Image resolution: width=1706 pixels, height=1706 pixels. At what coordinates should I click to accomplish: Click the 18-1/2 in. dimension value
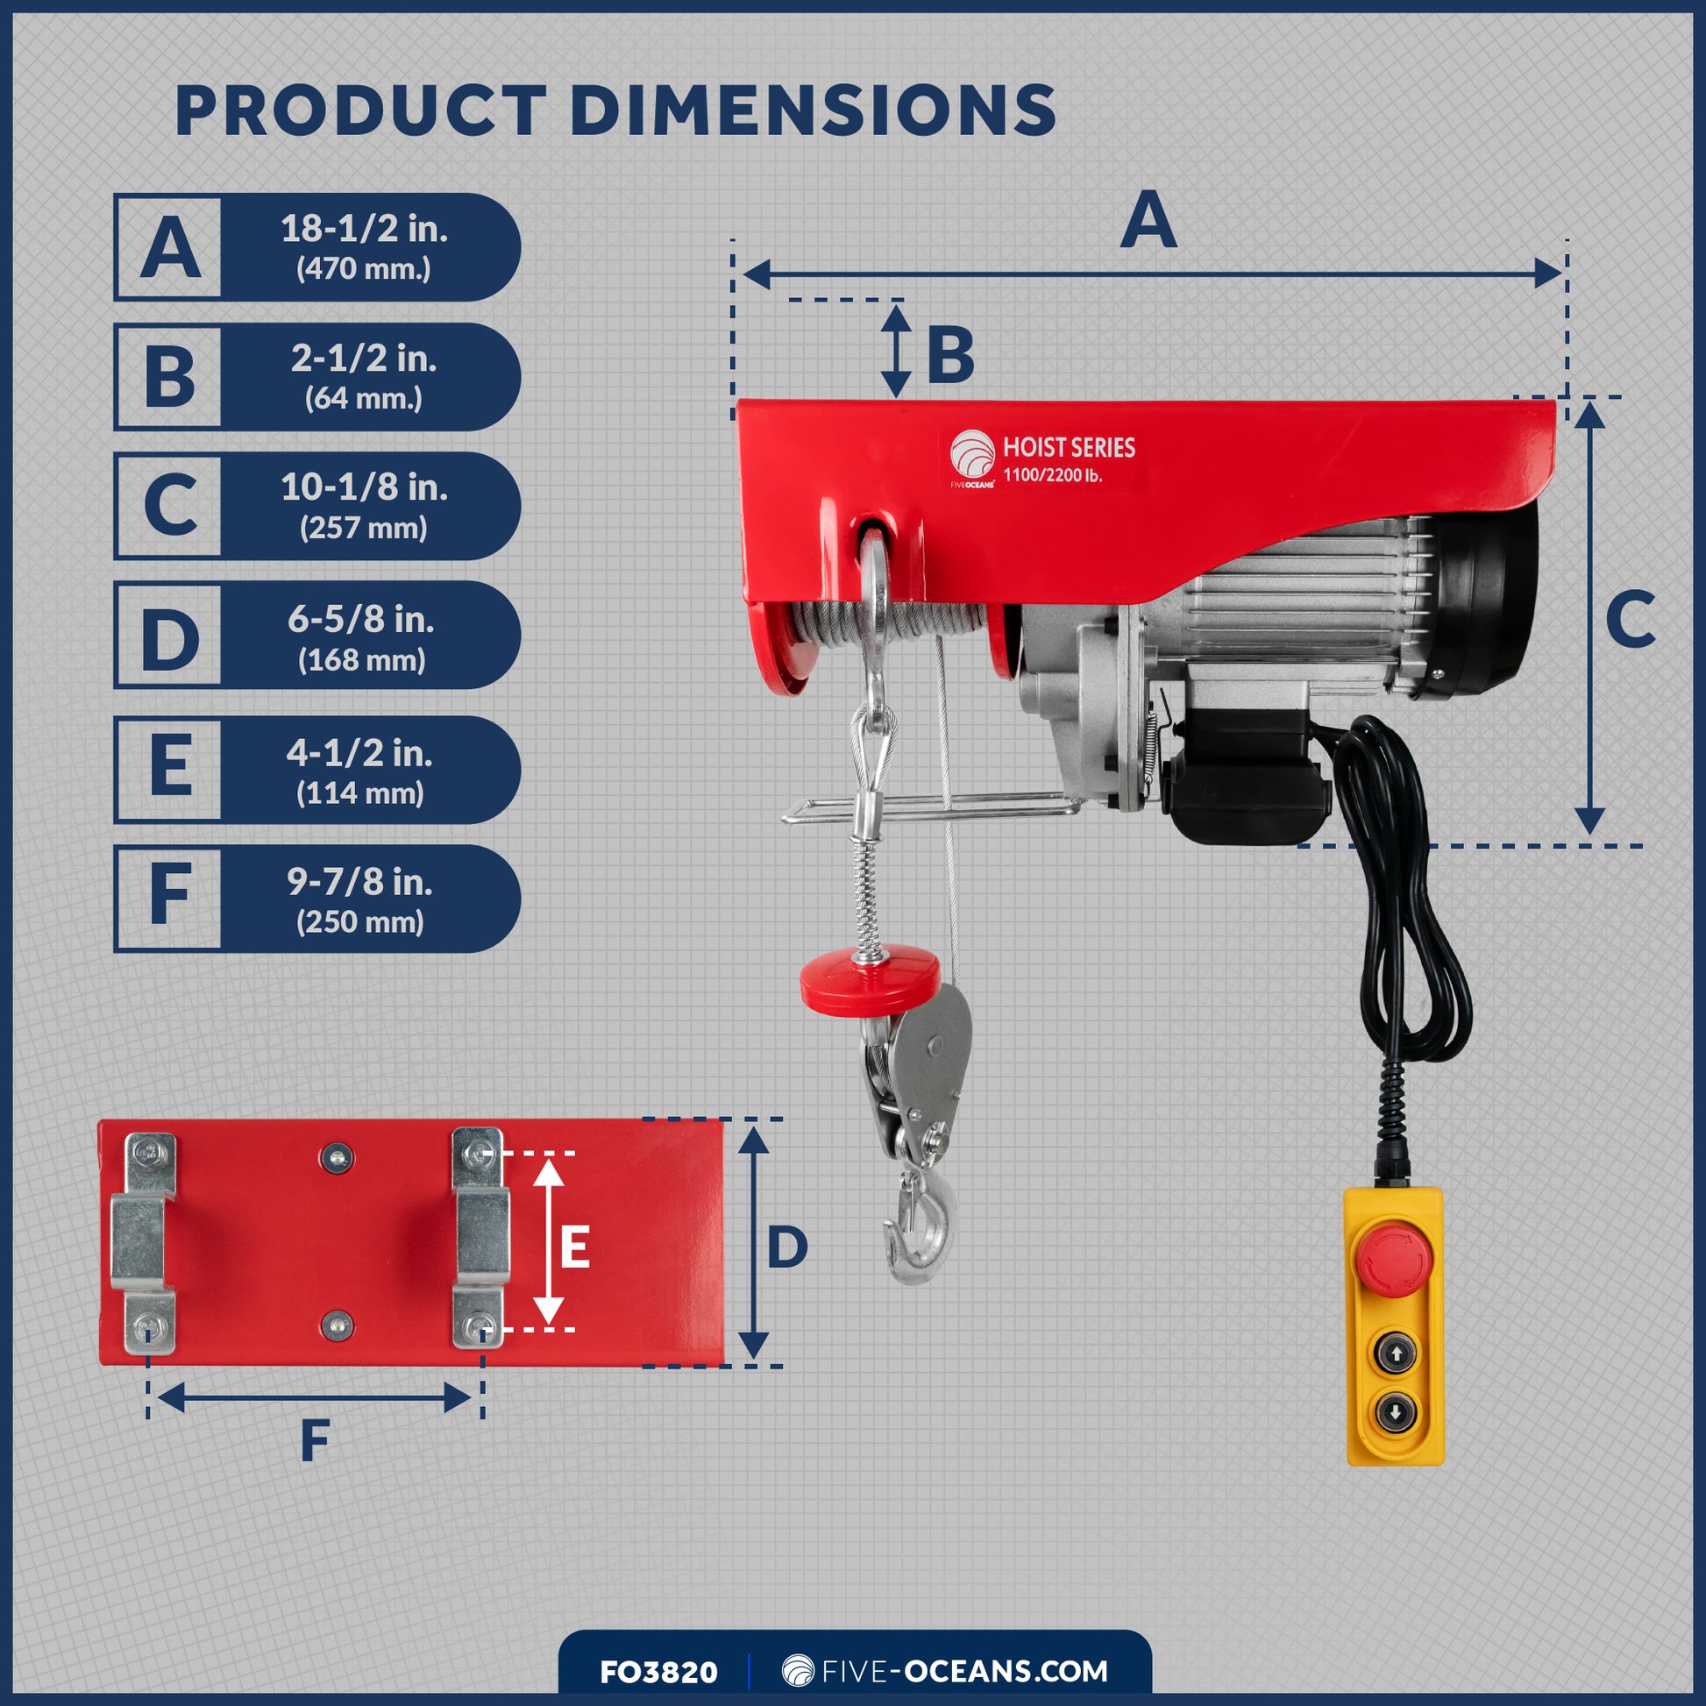[x=364, y=229]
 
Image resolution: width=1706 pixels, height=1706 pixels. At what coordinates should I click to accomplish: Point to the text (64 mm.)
[x=364, y=398]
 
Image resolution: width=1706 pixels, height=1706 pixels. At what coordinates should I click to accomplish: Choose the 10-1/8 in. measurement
[x=364, y=487]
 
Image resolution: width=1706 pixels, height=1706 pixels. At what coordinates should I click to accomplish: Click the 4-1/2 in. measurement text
[x=359, y=753]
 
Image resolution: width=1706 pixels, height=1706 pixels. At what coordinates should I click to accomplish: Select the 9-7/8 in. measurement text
[x=359, y=881]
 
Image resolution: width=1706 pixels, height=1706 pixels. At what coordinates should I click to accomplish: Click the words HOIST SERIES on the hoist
[x=1069, y=448]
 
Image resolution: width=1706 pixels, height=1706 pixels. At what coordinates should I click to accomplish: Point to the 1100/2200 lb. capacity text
[x=1052, y=475]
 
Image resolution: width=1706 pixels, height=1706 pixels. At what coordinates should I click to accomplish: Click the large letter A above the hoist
[x=1148, y=220]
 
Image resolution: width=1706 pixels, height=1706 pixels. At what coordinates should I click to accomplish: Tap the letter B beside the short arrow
[x=950, y=355]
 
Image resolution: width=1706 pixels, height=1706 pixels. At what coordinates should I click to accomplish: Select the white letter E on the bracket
[x=575, y=1248]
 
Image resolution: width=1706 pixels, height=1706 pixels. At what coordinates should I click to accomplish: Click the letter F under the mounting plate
[x=316, y=1441]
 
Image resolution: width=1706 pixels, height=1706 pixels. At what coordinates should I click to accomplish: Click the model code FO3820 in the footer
[x=658, y=1672]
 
